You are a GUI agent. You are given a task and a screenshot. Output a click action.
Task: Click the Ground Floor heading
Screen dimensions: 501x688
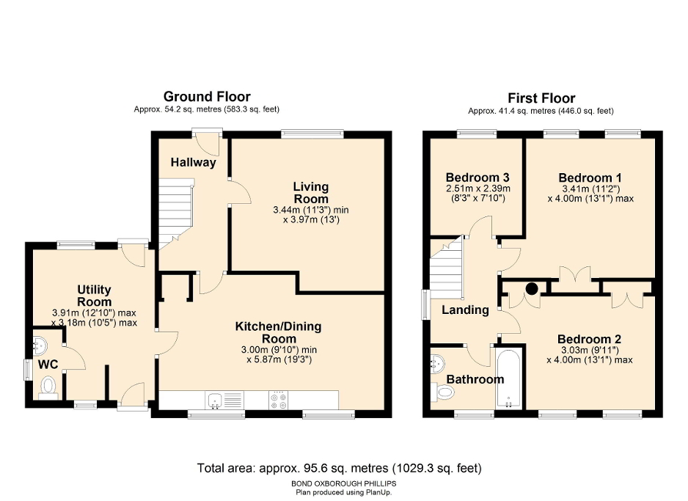206,97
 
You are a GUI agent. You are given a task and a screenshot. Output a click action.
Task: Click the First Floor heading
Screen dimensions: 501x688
541,98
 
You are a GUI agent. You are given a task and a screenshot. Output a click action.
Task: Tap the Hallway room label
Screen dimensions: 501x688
194,162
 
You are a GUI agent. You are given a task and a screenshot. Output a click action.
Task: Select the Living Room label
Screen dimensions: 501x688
311,193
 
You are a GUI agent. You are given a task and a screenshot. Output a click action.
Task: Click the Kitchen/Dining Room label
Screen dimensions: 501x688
278,332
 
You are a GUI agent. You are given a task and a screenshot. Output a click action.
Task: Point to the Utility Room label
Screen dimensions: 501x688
94,296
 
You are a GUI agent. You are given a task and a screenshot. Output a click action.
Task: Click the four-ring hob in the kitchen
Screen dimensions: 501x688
279,401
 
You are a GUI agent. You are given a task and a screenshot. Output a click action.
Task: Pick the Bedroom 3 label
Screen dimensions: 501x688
477,178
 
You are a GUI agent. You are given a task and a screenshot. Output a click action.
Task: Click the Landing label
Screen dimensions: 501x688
465,310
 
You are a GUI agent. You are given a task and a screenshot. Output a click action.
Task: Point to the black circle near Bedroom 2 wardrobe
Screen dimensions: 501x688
531,288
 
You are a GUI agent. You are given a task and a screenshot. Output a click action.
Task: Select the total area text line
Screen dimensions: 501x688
340,467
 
